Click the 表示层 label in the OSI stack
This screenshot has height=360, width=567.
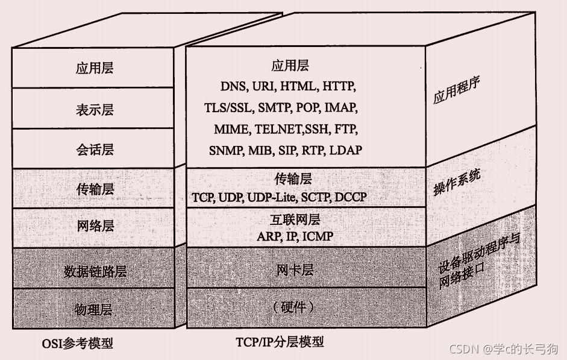point(95,110)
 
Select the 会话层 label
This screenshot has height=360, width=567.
point(95,150)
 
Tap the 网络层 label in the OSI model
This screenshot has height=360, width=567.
point(95,226)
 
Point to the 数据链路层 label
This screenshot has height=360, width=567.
point(95,271)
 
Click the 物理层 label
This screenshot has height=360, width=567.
point(93,309)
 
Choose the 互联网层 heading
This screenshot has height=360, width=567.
point(295,219)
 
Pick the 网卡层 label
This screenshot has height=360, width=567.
point(295,270)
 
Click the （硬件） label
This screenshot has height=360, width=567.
point(293,307)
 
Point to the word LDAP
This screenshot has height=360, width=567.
point(346,150)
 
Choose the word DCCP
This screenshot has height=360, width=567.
point(351,197)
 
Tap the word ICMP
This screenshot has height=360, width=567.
point(318,236)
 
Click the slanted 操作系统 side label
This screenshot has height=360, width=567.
point(457,182)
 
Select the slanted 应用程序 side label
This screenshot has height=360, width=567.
point(456,90)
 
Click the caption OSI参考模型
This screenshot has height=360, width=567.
point(77,343)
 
